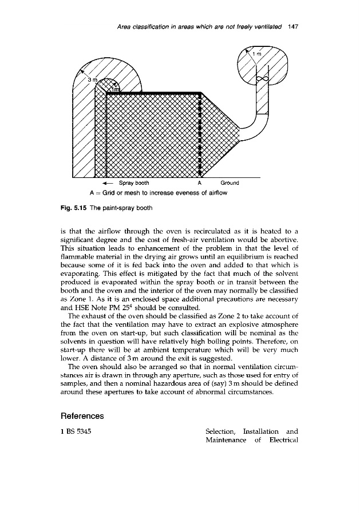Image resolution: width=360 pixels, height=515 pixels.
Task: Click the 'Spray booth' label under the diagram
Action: [x=133, y=184]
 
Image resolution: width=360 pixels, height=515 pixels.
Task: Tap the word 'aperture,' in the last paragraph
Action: [x=196, y=375]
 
